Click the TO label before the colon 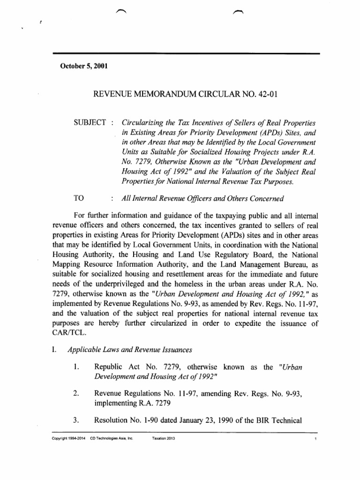point(79,198)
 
